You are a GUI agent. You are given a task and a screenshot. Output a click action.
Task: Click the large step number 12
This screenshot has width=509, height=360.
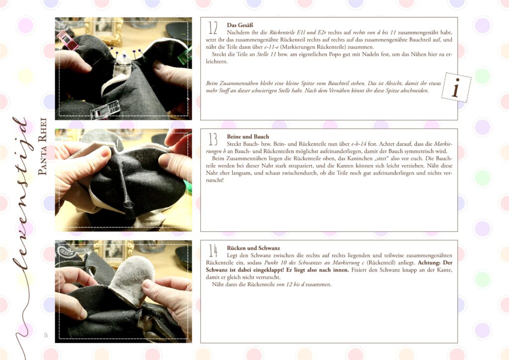(x=213, y=28)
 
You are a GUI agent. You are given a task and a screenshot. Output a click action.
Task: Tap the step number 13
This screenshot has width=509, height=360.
(x=213, y=140)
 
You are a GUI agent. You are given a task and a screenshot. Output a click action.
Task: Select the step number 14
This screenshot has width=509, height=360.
(x=213, y=251)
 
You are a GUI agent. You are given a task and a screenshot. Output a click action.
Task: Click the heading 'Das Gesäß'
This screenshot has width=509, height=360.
(x=240, y=25)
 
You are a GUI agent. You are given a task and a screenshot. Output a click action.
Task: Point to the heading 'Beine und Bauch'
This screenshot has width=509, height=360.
(x=248, y=137)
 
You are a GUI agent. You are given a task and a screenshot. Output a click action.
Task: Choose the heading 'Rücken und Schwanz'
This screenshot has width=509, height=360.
(x=254, y=248)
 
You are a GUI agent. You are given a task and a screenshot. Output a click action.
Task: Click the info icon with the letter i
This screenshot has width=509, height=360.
(x=456, y=88)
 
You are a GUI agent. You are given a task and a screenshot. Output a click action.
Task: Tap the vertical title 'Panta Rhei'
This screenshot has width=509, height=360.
(x=43, y=146)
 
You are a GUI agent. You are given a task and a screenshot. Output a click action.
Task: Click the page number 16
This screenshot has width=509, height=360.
(x=46, y=335)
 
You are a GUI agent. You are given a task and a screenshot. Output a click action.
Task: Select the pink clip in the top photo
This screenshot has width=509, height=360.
(x=67, y=40)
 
